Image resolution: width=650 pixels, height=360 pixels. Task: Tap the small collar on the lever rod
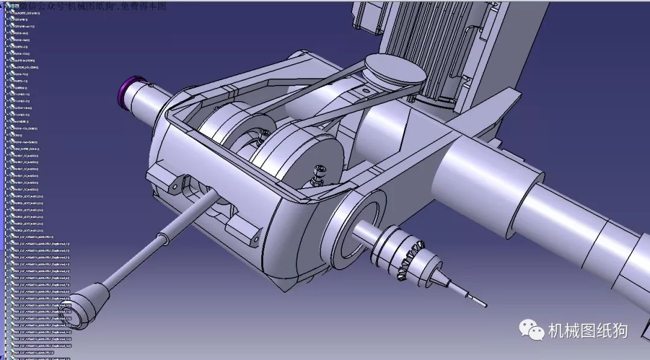pyautogui.click(x=162, y=239)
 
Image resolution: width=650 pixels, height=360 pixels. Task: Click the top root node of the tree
pyautogui.click(x=24, y=13)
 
